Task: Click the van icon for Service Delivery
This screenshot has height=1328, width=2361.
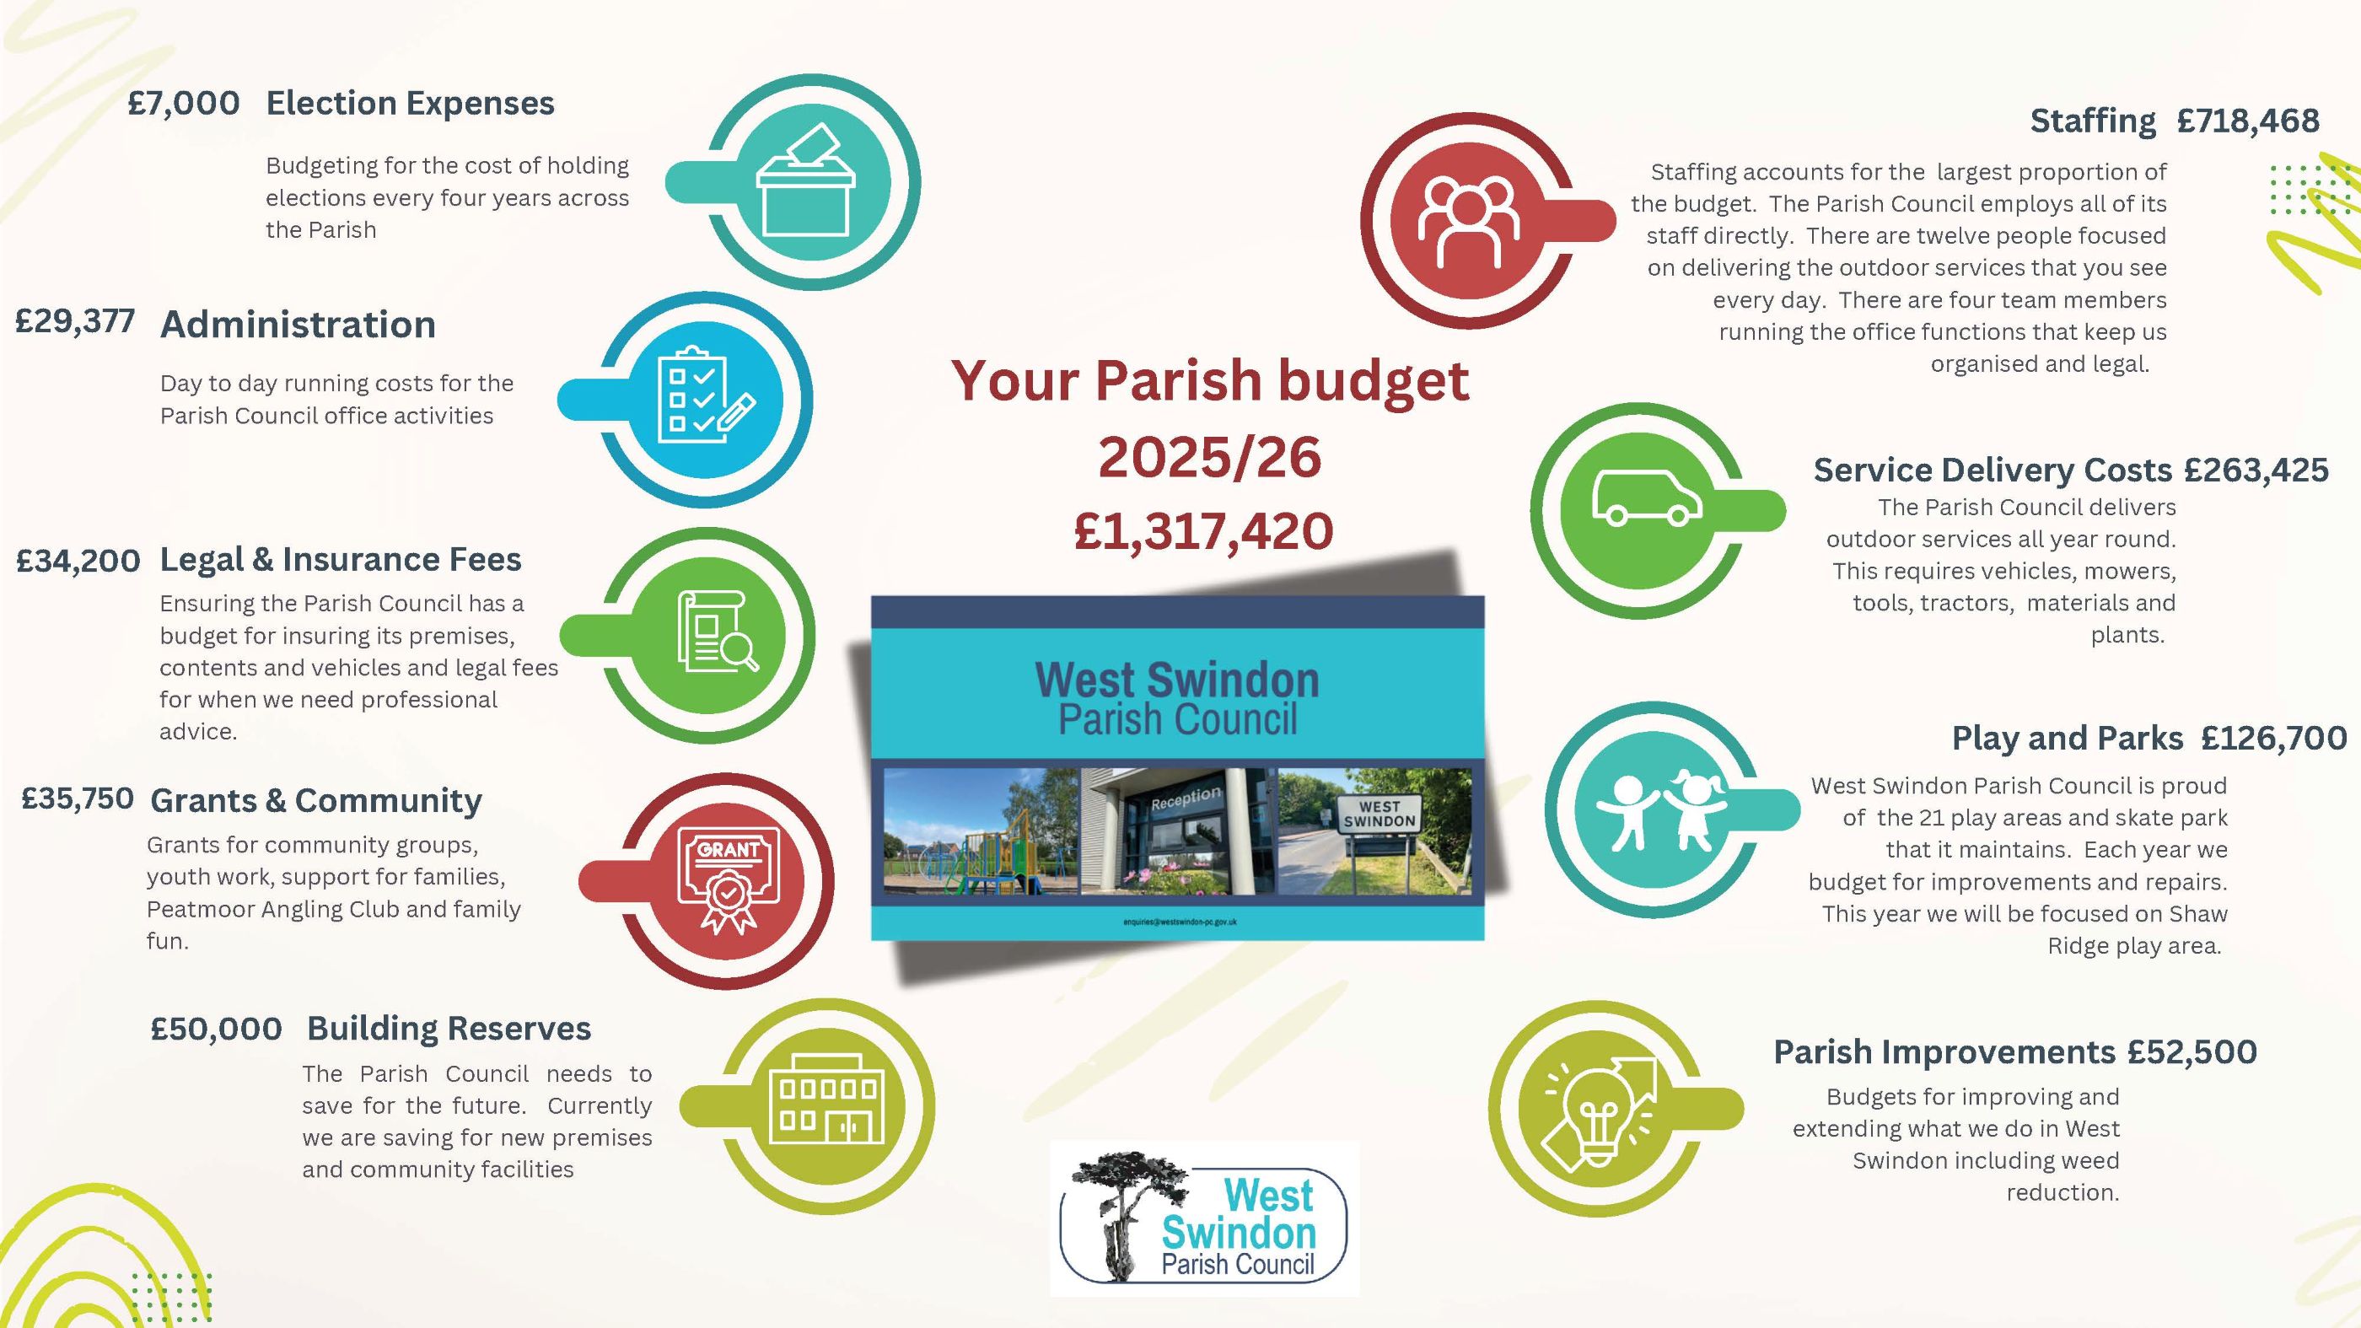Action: tap(1646, 497)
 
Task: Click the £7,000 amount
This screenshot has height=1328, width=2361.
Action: tap(183, 104)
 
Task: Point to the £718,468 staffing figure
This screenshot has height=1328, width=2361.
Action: tap(2248, 121)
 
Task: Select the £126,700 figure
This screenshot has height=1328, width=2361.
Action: tap(2274, 738)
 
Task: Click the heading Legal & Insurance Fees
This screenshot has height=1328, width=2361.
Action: tap(340, 559)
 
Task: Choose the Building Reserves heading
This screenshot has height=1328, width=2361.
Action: tap(449, 1029)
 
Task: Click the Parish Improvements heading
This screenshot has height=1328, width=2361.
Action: tap(1944, 1051)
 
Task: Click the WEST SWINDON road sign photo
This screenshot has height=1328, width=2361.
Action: tap(1374, 831)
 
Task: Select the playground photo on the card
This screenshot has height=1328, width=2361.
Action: tap(981, 831)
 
